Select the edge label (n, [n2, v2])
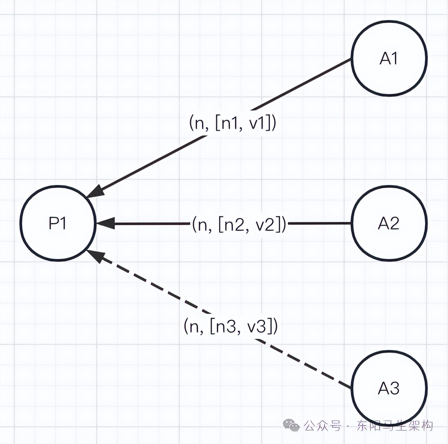[239, 223]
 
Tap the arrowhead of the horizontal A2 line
[105, 223]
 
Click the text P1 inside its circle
[57, 223]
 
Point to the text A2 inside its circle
[389, 223]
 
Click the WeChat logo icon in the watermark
[291, 425]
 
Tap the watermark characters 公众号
[323, 426]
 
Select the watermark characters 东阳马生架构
[395, 426]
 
